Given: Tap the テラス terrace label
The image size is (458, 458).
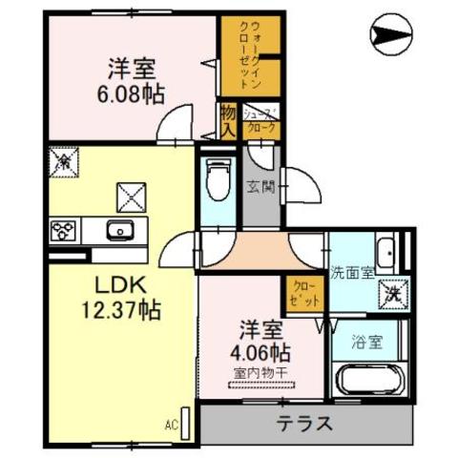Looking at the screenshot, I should click(x=305, y=423).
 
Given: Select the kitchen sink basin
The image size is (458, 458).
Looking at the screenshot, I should click(x=120, y=230).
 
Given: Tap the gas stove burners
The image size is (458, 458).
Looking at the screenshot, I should click(x=64, y=230).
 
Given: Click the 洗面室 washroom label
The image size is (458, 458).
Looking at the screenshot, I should click(x=350, y=272).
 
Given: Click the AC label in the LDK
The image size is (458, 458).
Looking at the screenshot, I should click(x=172, y=424).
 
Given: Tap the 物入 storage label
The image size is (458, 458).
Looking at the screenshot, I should click(x=228, y=119).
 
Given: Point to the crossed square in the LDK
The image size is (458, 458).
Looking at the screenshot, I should click(x=129, y=196).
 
